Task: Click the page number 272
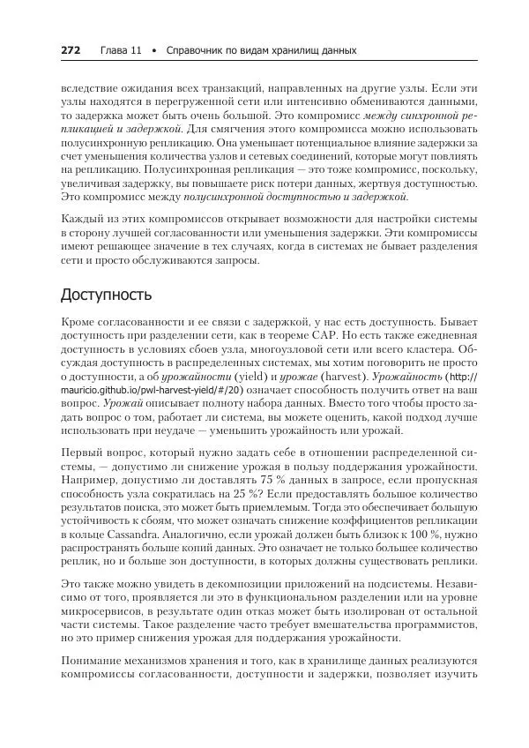71,50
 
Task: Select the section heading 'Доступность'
105,293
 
